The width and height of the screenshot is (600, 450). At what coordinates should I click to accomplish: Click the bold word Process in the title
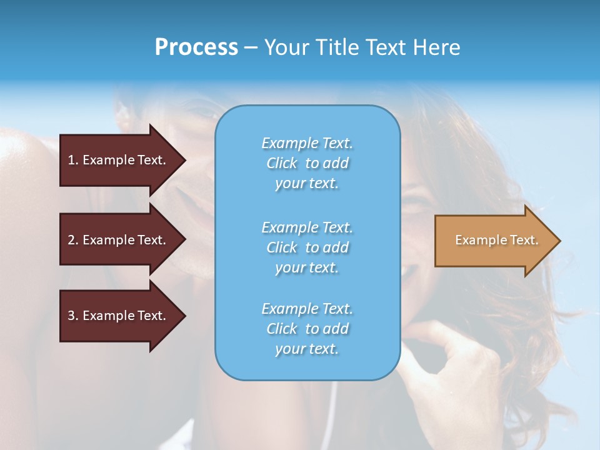[196, 47]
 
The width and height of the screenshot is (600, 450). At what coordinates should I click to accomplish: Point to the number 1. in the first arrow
[73, 160]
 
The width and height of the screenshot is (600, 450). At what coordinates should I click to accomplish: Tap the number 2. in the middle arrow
[73, 240]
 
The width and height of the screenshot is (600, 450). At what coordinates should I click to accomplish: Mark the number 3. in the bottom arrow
[73, 316]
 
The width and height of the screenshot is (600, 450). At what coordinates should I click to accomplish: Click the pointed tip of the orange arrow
[557, 241]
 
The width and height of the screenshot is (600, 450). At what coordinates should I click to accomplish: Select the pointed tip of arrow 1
[183, 160]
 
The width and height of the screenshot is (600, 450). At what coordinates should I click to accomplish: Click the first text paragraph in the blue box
[307, 163]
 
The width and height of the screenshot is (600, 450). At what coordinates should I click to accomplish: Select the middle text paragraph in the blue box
[307, 247]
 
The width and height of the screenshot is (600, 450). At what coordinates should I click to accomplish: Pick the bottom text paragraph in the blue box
[307, 329]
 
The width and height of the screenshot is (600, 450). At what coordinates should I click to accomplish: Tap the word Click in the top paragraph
[282, 163]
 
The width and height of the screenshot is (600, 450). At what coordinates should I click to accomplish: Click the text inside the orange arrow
[496, 240]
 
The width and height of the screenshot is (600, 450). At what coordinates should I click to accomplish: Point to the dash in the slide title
[251, 47]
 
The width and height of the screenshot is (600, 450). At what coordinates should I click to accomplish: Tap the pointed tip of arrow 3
[183, 316]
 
